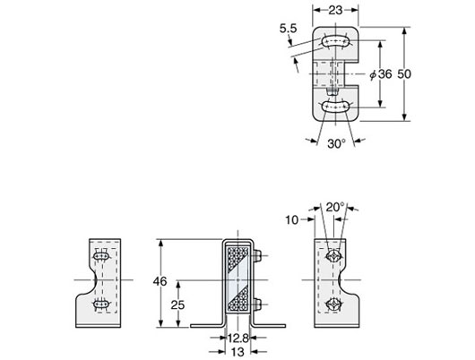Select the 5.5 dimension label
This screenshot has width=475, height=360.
pyautogui.click(x=287, y=30)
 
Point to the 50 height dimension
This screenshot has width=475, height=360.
pyautogui.click(x=427, y=74)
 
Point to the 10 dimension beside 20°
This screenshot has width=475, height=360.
pyautogui.click(x=291, y=219)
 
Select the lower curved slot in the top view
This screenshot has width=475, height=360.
pyautogui.click(x=336, y=107)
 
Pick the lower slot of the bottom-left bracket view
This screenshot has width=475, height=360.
pyautogui.click(x=100, y=304)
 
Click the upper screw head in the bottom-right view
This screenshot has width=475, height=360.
pyautogui.click(x=333, y=257)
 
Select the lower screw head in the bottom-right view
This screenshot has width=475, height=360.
pyautogui.click(x=333, y=304)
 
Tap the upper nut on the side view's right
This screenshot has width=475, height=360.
pyautogui.click(x=258, y=258)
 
